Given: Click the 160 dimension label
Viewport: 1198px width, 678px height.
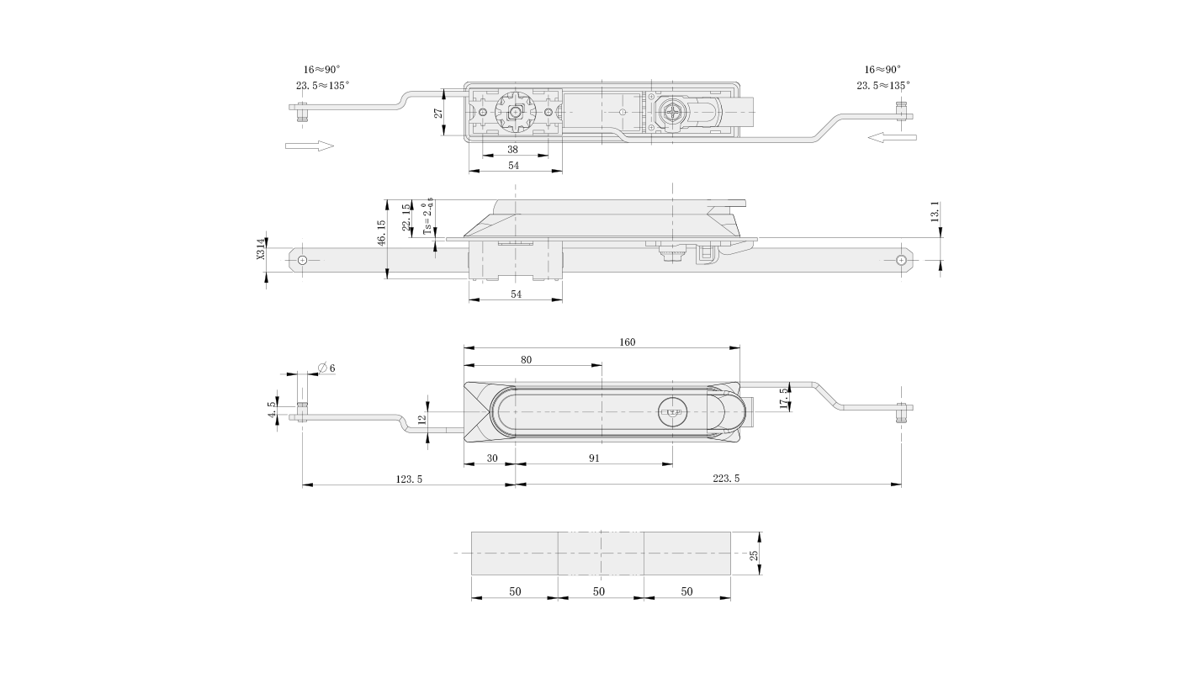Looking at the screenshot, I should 628,342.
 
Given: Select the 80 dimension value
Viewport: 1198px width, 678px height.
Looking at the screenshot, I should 526,360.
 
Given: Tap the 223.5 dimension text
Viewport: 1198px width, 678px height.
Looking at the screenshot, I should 726,479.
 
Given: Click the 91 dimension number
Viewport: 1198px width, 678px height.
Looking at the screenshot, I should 594,458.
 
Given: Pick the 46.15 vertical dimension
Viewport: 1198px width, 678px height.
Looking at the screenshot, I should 381,233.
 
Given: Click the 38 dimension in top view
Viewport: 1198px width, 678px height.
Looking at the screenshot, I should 513,150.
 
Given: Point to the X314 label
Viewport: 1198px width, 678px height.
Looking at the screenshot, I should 261,249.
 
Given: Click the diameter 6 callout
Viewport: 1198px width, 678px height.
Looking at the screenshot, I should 327,368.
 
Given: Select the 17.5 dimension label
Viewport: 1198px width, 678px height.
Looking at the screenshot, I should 784,399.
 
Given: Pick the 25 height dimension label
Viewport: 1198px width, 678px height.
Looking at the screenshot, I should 754,555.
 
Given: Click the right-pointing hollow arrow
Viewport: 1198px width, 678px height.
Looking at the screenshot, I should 309,146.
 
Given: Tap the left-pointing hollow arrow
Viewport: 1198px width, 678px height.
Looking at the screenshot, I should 892,136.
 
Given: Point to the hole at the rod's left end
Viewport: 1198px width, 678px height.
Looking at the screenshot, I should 303,261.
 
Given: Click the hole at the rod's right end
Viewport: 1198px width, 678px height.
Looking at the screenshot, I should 901,261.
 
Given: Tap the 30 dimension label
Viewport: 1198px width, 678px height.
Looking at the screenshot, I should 493,458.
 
